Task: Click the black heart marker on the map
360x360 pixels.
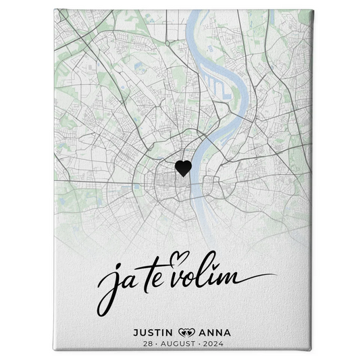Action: (x=182, y=168)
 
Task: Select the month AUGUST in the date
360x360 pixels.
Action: (x=179, y=344)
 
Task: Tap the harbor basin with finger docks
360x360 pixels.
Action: (x=217, y=85)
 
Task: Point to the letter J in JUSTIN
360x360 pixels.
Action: (x=136, y=332)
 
